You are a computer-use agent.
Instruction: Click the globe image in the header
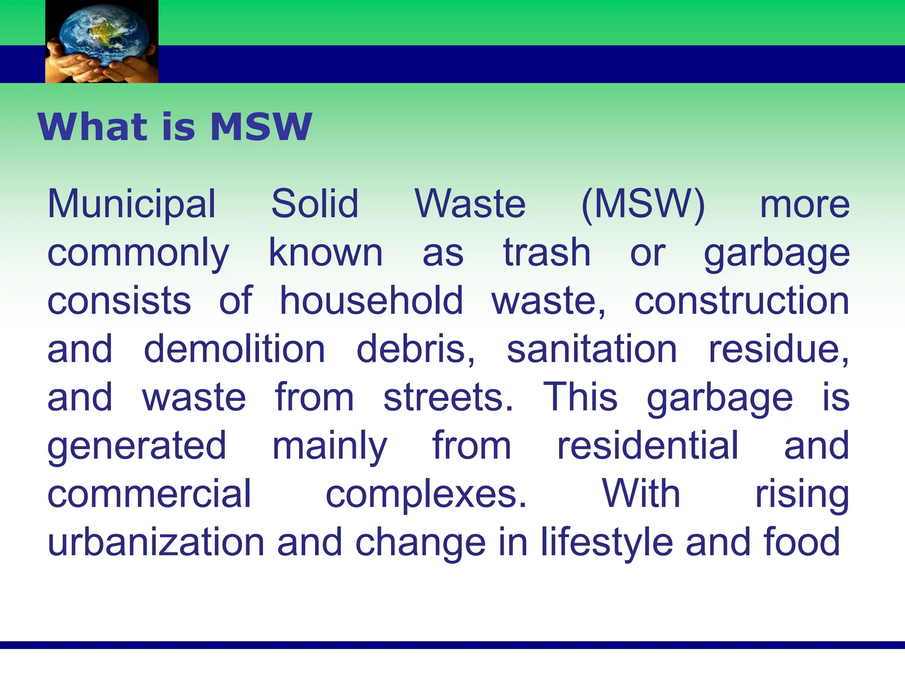click(102, 41)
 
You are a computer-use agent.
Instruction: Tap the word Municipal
click(132, 205)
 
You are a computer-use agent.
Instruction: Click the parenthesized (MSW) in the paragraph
click(643, 205)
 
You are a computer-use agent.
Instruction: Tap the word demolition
click(235, 349)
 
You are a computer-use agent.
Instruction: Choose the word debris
click(416, 349)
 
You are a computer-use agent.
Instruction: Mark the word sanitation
click(592, 349)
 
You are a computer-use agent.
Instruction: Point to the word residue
click(779, 349)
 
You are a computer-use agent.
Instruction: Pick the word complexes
click(426, 495)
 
